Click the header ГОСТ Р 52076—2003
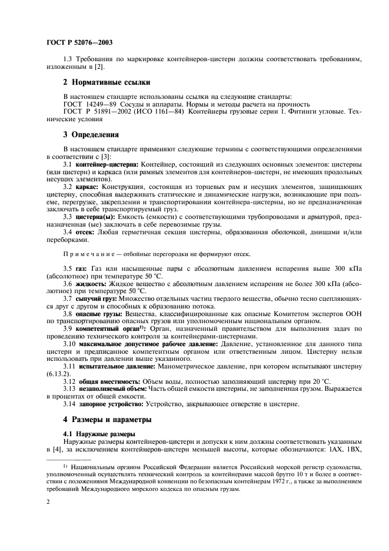[x=79, y=42]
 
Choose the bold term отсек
[x=84, y=231]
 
